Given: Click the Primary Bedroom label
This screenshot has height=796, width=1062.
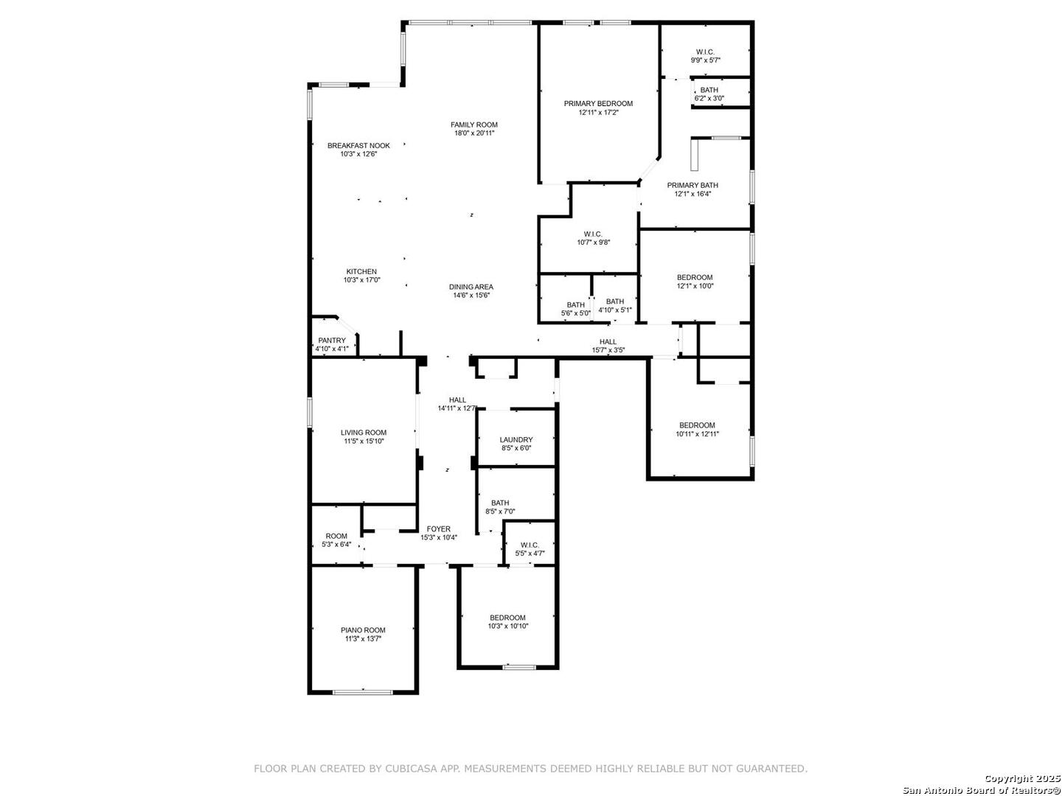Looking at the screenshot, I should coord(598,104).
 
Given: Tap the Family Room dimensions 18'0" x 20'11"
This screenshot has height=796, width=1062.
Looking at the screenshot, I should coord(474,133).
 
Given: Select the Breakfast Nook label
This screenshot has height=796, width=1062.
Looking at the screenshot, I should coord(358,146).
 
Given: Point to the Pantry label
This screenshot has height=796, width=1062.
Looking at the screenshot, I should coord(332,341).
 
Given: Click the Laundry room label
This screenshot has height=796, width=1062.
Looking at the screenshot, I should coord(516,440).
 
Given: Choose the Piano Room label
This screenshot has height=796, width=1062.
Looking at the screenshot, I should coord(363,630).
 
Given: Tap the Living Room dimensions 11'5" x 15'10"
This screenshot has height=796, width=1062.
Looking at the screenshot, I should coord(364,441).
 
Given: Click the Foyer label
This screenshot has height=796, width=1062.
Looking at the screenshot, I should coord(439,529).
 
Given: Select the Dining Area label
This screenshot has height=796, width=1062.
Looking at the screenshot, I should coord(471,287).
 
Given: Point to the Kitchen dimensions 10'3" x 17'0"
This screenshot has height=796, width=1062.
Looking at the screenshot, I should coord(361,280).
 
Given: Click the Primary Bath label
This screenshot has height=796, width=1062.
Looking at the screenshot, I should coord(693,186).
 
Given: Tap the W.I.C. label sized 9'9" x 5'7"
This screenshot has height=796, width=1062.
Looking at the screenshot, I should coord(705,52).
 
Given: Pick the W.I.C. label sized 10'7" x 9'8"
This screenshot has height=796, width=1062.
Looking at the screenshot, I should coord(594,234).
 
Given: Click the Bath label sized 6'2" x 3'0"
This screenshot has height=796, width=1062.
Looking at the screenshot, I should coord(709,90).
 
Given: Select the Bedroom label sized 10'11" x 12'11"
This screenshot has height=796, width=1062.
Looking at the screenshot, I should coord(697,425).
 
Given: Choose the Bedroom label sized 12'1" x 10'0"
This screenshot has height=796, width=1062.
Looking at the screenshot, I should coord(695,278).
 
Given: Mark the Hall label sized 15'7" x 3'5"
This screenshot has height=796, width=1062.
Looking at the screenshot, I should coord(608,342).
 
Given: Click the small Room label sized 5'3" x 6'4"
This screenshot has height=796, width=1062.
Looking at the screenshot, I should coord(336,537).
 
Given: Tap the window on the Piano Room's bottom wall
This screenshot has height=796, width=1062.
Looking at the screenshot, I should coord(363,691).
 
